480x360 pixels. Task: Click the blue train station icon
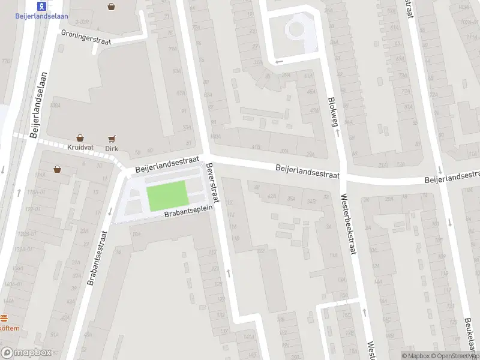[41, 6]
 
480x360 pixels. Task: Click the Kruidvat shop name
[80, 148]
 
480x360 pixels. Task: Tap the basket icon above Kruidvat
[80, 138]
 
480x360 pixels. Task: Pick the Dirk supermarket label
[112, 148]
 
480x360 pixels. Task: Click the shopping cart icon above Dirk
[112, 139]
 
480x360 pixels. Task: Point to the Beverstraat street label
[214, 184]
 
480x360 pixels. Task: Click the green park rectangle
[167, 196]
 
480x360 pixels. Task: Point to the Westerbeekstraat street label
[349, 223]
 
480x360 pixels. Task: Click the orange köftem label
[9, 328]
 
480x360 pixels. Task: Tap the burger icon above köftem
[4, 318]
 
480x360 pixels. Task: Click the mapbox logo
[26, 353]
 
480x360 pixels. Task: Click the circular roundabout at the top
[295, 28]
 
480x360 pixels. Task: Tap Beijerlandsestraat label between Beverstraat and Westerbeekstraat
[308, 172]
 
